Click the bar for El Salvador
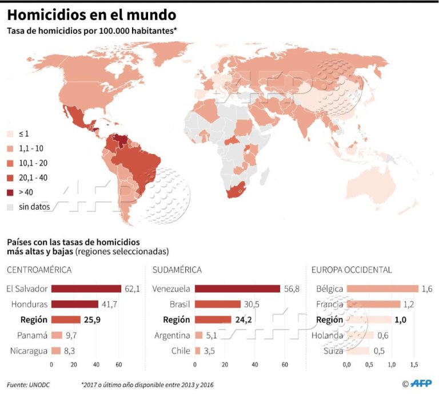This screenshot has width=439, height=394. coord(86,289)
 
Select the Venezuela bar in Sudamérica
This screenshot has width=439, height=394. coord(237,289)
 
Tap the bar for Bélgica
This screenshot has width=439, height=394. coord(382,289)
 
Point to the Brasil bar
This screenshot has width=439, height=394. coord(218,304)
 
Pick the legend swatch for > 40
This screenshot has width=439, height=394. coord(10,192)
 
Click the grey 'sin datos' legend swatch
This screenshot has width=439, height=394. coord(10,206)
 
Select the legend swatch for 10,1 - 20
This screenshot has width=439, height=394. coord(10,163)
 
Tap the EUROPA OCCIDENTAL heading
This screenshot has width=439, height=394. coord(352,270)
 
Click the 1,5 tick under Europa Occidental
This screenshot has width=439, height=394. coord(414,364)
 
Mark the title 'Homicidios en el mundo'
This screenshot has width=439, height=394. coord(91,14)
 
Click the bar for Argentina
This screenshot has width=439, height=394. coord(199,335)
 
